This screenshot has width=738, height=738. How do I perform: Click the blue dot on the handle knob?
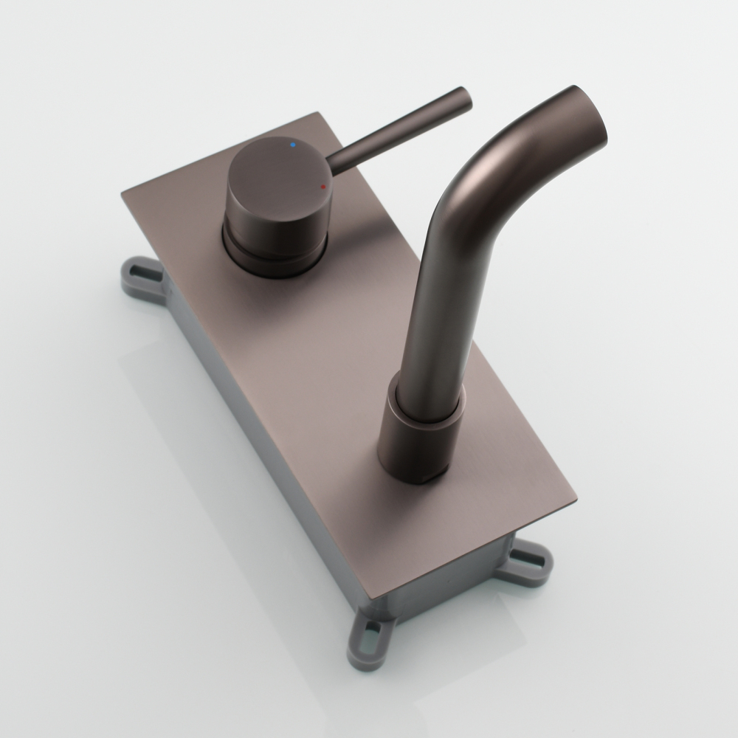click(294, 145)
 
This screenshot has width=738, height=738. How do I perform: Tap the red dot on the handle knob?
click(323, 187)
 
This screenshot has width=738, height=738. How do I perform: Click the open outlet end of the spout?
click(590, 118)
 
